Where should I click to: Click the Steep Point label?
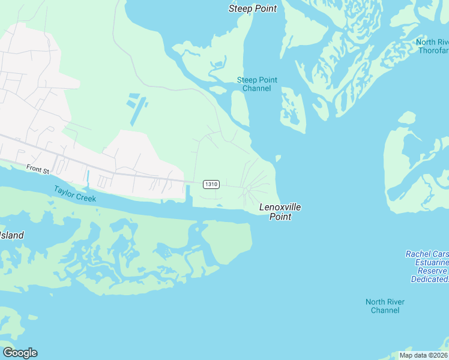253,8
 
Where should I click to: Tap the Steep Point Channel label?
256,84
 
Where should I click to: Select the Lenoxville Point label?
280,212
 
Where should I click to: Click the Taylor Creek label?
74,194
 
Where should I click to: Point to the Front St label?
37,170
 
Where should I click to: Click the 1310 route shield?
211,184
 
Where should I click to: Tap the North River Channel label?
385,306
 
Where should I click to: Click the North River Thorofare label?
432,46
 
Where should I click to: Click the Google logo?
20,353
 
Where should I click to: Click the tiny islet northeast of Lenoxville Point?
278,158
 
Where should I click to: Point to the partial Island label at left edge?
11,235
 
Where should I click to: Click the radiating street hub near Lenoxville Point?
249,188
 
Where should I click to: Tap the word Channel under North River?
385,310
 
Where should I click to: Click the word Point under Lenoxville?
280,217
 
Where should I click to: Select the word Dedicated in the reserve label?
430,279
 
